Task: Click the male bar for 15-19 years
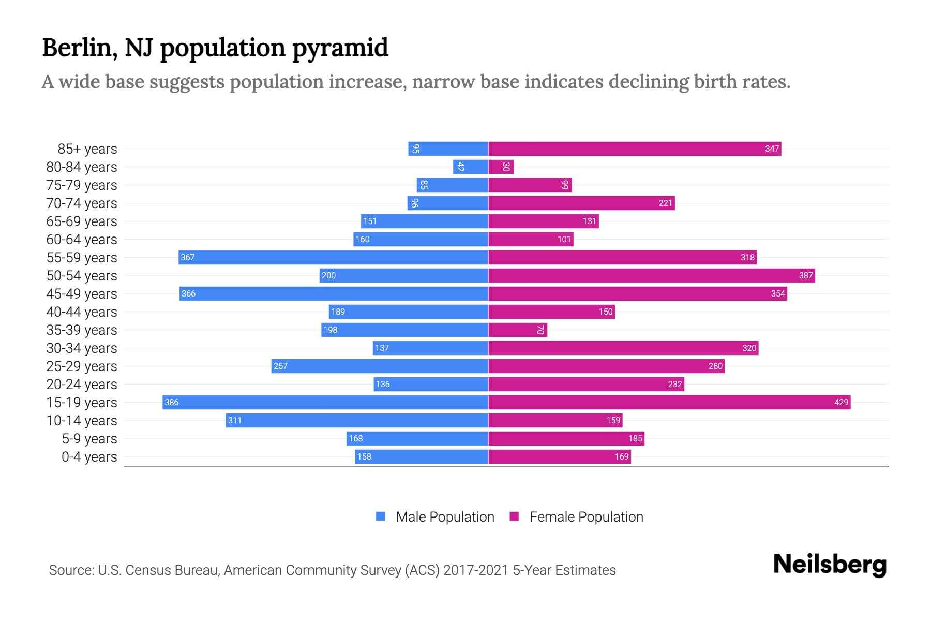point(325,402)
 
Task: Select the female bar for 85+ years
point(635,149)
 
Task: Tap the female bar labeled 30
point(501,167)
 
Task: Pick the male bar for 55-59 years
point(334,257)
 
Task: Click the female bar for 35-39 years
point(518,330)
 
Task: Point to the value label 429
point(841,402)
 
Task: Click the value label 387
point(805,275)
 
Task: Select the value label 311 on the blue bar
point(235,420)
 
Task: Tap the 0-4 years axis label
point(89,457)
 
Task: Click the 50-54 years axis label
point(82,276)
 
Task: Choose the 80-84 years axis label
point(82,167)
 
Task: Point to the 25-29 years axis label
point(82,366)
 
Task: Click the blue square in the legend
point(381,516)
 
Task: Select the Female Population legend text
point(586,517)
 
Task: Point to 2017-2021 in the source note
point(476,570)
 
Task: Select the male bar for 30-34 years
point(430,348)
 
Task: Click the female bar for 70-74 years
point(581,203)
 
